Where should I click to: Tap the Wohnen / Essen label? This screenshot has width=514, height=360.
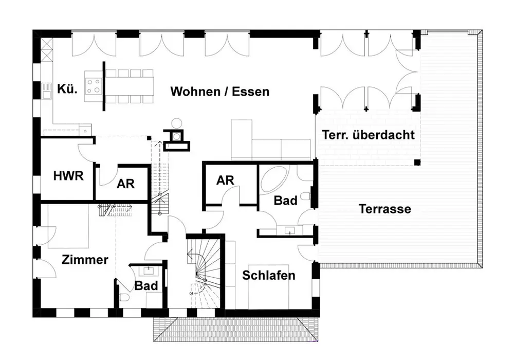point(219,92)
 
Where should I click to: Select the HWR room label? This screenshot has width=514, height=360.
point(68,176)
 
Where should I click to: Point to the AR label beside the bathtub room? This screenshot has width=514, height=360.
point(225,180)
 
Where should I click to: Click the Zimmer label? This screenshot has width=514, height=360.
point(85,260)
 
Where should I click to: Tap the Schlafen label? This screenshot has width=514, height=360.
point(269,275)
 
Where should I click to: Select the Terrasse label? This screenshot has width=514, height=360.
point(385,209)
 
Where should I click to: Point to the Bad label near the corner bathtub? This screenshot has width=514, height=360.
point(285,200)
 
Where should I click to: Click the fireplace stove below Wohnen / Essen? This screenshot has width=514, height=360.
point(176,136)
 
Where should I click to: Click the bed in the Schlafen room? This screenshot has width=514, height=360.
point(269,296)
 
